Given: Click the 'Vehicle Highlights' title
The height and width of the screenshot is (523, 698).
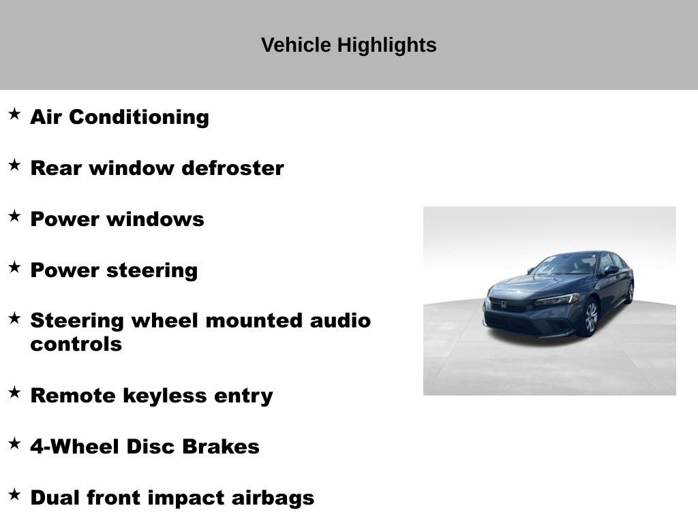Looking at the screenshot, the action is pos(348,46).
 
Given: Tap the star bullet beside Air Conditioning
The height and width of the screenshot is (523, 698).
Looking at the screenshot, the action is pos(15,114).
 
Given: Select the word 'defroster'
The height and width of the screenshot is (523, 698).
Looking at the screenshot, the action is pos(232,168).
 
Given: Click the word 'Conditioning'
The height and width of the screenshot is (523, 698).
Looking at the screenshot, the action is pos(139,117).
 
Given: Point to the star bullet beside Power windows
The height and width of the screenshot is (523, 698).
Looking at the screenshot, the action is pos(15,216).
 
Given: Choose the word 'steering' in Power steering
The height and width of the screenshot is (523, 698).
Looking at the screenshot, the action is pos(152,271).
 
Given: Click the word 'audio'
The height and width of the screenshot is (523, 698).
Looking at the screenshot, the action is pos(340,321).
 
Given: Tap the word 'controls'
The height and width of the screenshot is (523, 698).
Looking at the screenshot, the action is pos(76,344).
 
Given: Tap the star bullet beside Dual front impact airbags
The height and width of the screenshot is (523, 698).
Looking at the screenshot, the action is pos(15,494).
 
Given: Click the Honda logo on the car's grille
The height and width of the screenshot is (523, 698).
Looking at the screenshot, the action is pos(504,304).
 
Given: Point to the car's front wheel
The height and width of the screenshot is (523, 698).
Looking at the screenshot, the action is pos(590,318).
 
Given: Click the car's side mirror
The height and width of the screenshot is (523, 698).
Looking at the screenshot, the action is pos(611,270).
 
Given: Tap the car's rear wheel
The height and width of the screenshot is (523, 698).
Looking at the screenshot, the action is pos(629,292).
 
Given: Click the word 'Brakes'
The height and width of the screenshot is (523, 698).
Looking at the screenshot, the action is pos(221,447).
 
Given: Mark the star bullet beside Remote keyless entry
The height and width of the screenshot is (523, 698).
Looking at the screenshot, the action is pos(15,392).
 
